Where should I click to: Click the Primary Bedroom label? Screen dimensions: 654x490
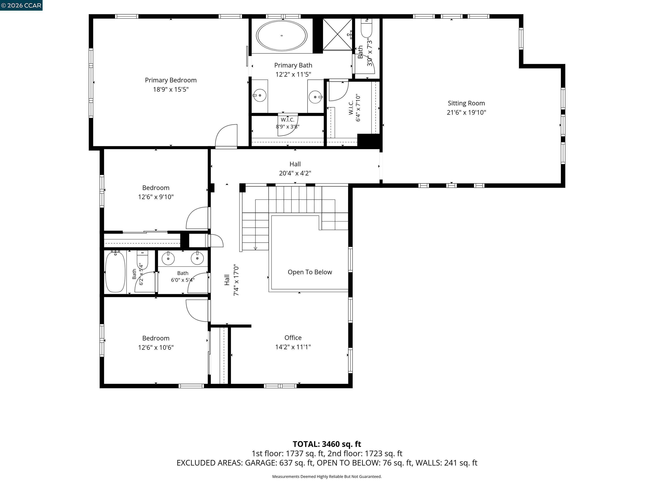(x=171, y=80)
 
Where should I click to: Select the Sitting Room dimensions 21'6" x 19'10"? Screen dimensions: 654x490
(x=466, y=112)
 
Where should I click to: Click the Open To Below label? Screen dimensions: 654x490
(x=310, y=272)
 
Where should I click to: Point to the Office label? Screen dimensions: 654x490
(x=293, y=338)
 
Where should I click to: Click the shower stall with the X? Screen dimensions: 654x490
(x=337, y=34)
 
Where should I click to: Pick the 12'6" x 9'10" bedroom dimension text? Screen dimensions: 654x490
(x=156, y=197)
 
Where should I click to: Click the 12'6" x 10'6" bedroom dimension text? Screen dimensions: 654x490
(x=156, y=347)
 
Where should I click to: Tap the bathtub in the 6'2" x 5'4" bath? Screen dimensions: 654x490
(x=115, y=272)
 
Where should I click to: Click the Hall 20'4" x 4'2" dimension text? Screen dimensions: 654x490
(x=295, y=173)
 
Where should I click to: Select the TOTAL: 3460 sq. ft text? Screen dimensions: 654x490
(x=327, y=444)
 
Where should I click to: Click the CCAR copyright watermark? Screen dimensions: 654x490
(x=21, y=5)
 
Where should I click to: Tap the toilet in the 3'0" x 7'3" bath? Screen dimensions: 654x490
(x=367, y=27)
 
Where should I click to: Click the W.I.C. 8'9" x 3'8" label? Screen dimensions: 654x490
(x=287, y=123)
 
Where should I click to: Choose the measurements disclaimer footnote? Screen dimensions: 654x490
(x=327, y=476)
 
